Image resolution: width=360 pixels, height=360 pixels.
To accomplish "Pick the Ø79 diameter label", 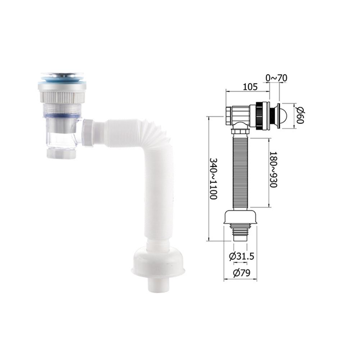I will point(241,273).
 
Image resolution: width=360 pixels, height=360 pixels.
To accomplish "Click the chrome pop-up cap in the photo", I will point(62,75).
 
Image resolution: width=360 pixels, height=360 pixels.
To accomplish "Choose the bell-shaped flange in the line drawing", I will point(240,217).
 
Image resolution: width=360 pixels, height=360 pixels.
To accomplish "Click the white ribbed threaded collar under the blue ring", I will point(62,97).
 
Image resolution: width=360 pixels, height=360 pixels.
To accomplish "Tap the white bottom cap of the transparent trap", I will point(61,154).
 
